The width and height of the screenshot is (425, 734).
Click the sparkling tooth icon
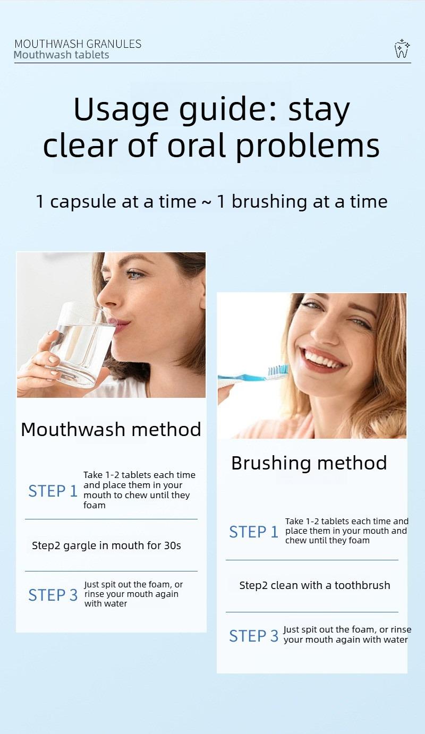click(402, 49)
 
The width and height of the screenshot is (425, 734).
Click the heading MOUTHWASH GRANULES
click(78, 44)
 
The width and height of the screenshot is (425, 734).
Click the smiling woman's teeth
click(325, 360)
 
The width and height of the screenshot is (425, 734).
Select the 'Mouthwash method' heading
click(111, 429)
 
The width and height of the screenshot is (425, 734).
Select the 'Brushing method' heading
click(309, 463)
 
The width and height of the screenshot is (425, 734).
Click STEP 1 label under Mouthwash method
click(53, 491)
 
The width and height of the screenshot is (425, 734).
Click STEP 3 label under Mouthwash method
click(53, 595)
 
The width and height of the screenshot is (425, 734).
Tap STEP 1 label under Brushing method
click(254, 532)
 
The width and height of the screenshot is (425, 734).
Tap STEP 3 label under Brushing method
click(254, 636)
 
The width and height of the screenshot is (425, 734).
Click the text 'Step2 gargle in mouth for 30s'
click(106, 545)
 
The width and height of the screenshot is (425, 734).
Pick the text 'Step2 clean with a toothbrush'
click(314, 585)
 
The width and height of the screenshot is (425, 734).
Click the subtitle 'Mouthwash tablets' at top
click(62, 55)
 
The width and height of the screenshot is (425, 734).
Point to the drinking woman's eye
click(135, 275)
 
